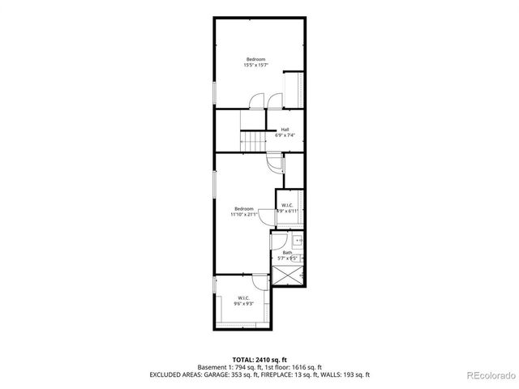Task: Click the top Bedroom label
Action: pos(255,59)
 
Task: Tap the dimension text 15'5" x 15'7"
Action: pos(255,66)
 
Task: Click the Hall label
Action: pos(285,130)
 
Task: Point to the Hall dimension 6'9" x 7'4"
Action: pos(285,135)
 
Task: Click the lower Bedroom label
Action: pos(244,208)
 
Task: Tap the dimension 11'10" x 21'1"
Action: pos(244,215)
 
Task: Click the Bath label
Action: pos(288,252)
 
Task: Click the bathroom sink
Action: pos(298,240)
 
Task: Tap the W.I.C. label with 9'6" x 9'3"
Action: pos(243,297)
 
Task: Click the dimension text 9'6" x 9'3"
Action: pos(243,304)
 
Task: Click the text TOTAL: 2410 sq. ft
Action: pos(259,358)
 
